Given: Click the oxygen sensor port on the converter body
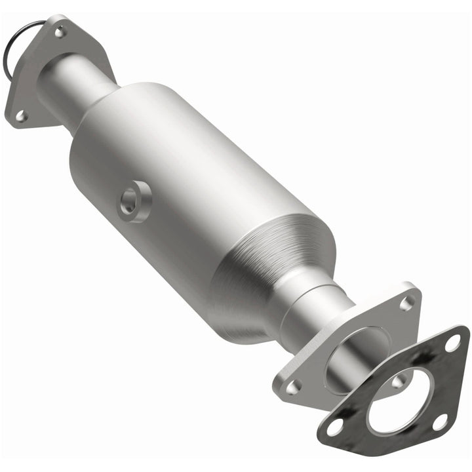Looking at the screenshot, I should click(x=135, y=202).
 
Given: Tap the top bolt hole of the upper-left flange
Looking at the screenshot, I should click(x=60, y=30).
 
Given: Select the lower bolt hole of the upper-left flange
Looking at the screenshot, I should click(x=20, y=116).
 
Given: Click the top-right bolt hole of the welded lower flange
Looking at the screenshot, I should click(x=407, y=303).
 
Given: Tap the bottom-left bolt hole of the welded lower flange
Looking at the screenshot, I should click(x=292, y=387).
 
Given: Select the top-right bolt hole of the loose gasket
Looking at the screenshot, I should click(x=452, y=342).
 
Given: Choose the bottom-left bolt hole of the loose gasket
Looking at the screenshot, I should click(x=335, y=427).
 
